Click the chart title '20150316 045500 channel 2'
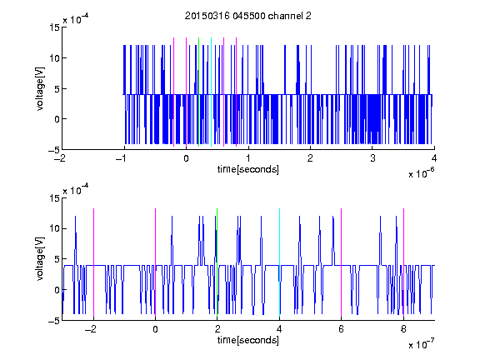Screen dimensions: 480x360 pyautogui.click(x=248, y=16)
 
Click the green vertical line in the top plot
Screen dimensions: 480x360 pyautogui.click(x=199, y=92)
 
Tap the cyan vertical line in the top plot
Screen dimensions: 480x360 pyautogui.click(x=211, y=92)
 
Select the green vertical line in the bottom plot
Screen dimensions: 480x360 pyautogui.click(x=217, y=262)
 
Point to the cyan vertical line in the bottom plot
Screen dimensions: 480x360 pyautogui.click(x=279, y=262)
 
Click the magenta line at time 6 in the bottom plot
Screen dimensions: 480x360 pyautogui.click(x=342, y=262)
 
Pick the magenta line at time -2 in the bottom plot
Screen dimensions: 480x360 pyautogui.click(x=93, y=262)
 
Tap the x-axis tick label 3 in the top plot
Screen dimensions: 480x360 pyautogui.click(x=372, y=158)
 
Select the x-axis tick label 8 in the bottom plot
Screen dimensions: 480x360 pyautogui.click(x=403, y=329)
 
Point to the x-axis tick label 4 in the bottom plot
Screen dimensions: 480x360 pyautogui.click(x=279, y=329)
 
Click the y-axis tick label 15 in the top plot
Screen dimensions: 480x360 pyautogui.click(x=54, y=27)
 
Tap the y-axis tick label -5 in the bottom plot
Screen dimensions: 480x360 pyautogui.click(x=54, y=321)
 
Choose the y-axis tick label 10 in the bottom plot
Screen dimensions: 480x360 pyautogui.click(x=54, y=228)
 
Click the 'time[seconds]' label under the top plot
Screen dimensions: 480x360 pyautogui.click(x=248, y=169)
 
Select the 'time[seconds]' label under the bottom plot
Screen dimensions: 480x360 pyautogui.click(x=248, y=340)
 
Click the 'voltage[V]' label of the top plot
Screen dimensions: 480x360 pyautogui.click(x=40, y=88)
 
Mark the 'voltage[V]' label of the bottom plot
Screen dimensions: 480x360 pyautogui.click(x=40, y=259)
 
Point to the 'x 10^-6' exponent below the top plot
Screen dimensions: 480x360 pyautogui.click(x=421, y=173)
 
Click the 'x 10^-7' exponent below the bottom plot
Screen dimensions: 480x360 pyautogui.click(x=421, y=344)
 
